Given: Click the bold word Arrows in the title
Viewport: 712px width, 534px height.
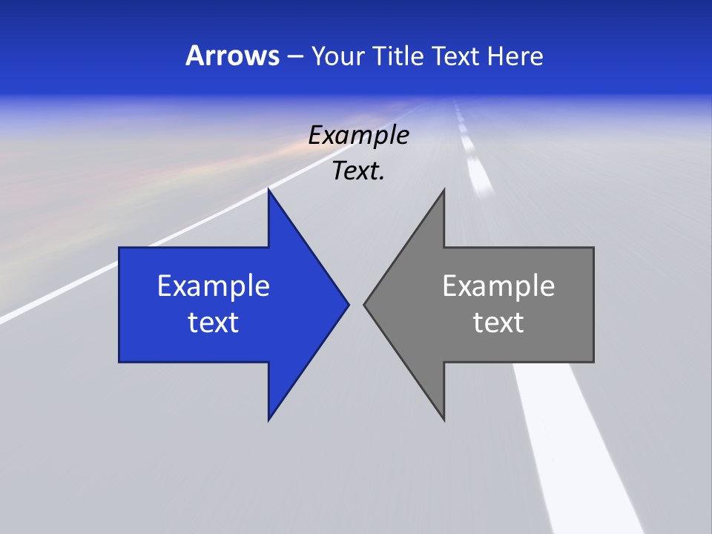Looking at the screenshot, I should click(x=231, y=56).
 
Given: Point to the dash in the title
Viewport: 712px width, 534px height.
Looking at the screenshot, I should click(x=294, y=57).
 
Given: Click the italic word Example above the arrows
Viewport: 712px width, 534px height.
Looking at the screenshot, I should click(x=358, y=136).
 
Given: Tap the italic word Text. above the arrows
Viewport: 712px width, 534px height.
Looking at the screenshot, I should click(x=358, y=171).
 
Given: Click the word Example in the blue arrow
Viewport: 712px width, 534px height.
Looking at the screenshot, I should click(x=214, y=286).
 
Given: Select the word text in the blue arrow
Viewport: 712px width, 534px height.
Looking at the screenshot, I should click(x=214, y=322).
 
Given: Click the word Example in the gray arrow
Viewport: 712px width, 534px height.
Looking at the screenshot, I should click(x=498, y=286).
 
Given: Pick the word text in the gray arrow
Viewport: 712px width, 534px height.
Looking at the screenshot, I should click(x=498, y=322).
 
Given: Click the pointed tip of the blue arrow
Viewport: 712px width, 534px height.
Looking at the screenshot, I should click(x=347, y=304).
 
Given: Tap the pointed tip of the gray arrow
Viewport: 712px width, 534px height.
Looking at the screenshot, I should click(x=365, y=304).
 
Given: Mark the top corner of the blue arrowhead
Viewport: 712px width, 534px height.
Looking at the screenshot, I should click(x=269, y=191).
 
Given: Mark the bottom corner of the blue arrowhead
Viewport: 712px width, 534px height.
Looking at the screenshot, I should click(x=269, y=419).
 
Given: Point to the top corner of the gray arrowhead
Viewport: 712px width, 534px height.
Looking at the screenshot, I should click(x=443, y=191).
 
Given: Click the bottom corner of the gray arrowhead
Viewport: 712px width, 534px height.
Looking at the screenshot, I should click(x=444, y=419).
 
